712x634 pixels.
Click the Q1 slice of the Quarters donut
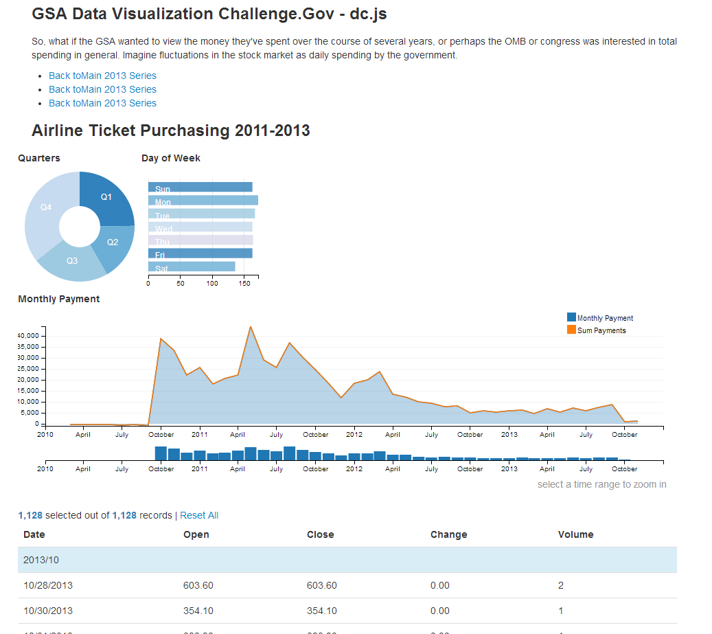pyautogui.click(x=106, y=197)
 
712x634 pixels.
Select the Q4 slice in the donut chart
pyautogui.click(x=46, y=207)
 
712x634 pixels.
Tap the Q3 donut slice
pyautogui.click(x=72, y=260)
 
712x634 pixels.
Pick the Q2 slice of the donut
pyautogui.click(x=113, y=242)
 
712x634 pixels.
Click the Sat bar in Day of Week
pyautogui.click(x=192, y=267)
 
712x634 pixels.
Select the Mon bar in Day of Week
pyautogui.click(x=203, y=201)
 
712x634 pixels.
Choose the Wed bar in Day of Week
pyautogui.click(x=200, y=227)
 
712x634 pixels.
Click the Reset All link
pyautogui.click(x=199, y=515)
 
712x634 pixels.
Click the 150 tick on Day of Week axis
pyautogui.click(x=244, y=283)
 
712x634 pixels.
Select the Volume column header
pyautogui.click(x=575, y=534)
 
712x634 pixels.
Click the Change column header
pyautogui.click(x=448, y=534)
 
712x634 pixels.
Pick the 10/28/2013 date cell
pyautogui.click(x=48, y=585)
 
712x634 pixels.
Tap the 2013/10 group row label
pyautogui.click(x=41, y=560)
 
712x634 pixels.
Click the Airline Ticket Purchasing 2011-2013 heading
pyautogui.click(x=171, y=131)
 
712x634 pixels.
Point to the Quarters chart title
pyautogui.click(x=39, y=158)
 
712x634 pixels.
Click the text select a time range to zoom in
pyautogui.click(x=601, y=484)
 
